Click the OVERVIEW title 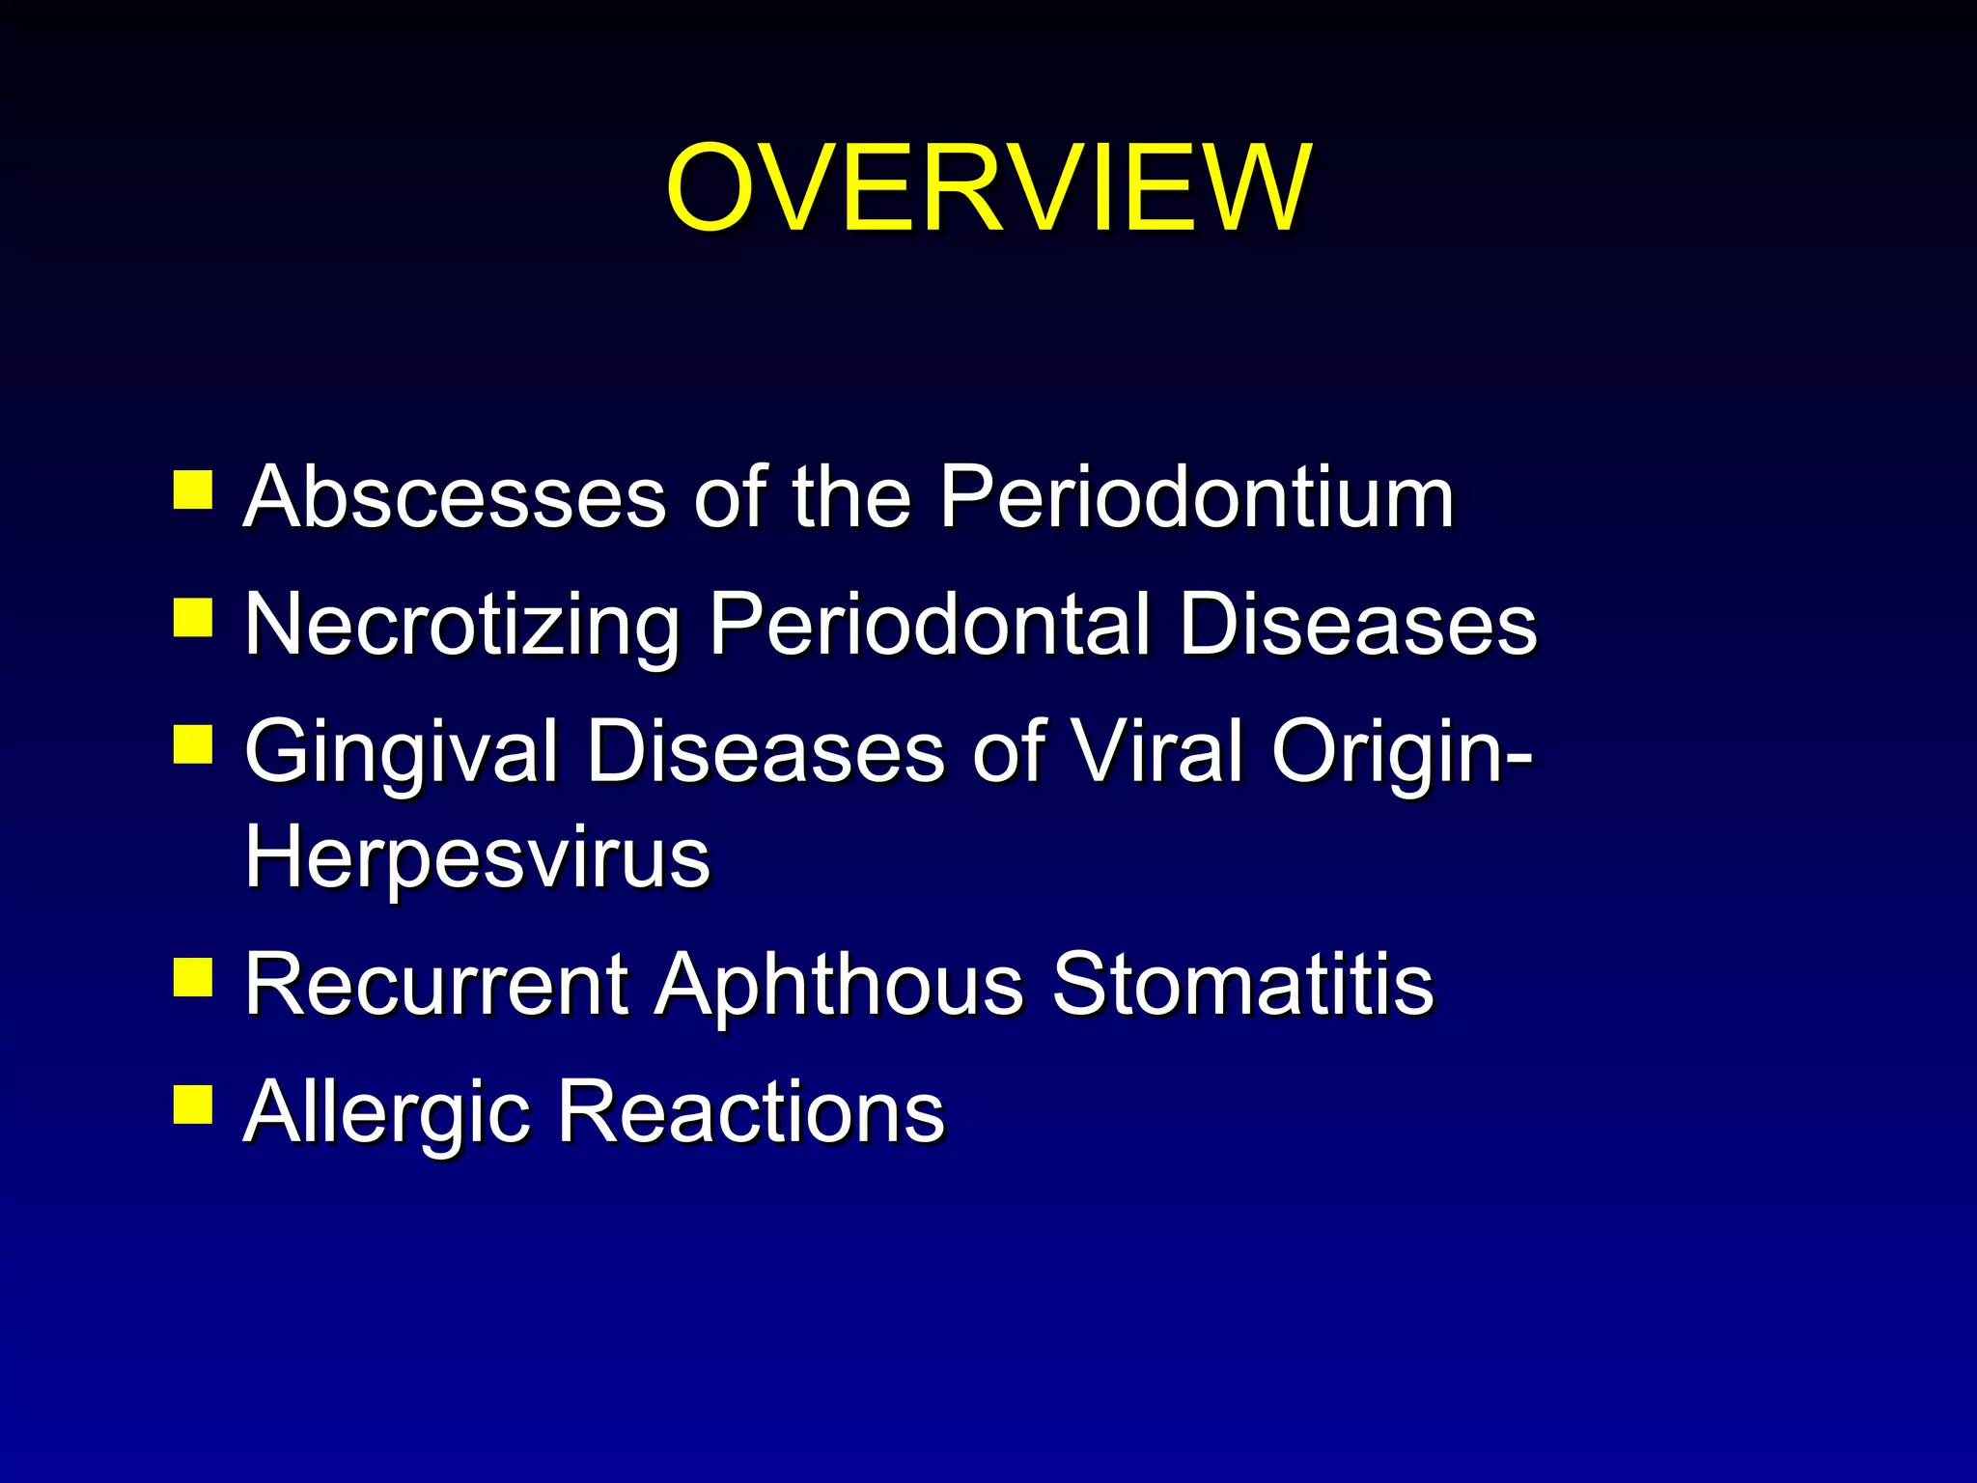[x=988, y=188]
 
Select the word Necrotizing [x=462, y=626]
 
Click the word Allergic [x=387, y=1114]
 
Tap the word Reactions [x=751, y=1112]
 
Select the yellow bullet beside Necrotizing [x=193, y=618]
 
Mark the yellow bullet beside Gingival [x=193, y=744]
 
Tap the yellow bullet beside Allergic [x=193, y=1105]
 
